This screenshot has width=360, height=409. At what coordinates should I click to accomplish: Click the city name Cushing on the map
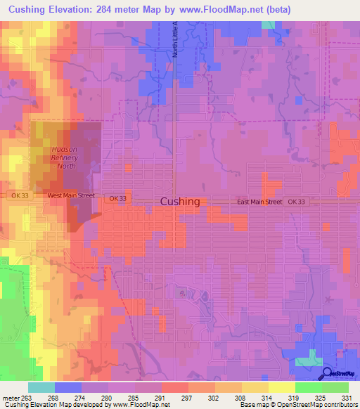point(180,201)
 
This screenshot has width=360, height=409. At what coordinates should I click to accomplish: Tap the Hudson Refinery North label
point(67,157)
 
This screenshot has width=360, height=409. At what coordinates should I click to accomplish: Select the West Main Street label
point(70,196)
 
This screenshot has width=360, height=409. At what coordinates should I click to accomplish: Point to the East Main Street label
point(259,202)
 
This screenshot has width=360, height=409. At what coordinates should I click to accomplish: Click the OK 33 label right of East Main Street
point(298,202)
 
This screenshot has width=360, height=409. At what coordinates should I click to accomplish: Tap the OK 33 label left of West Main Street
point(18,196)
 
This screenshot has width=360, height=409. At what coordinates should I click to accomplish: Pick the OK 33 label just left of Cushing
point(118,199)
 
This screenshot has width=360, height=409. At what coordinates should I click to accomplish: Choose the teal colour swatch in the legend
point(41,387)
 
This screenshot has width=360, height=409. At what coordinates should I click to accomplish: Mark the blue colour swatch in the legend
point(67,387)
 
